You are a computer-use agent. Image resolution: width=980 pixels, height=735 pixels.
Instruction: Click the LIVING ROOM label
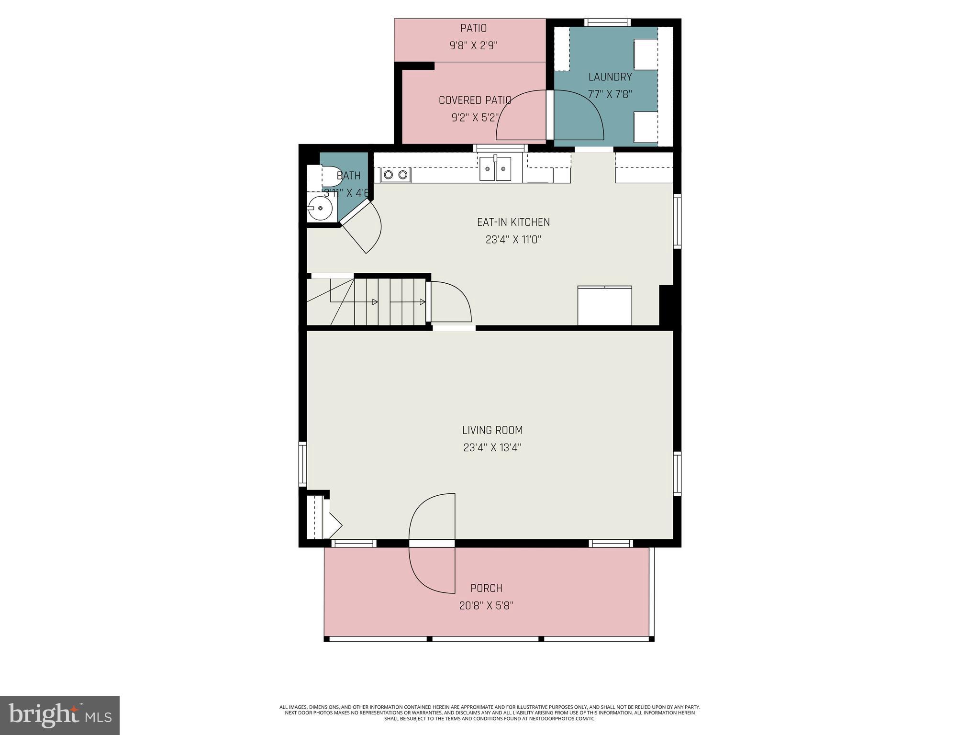coord(492,430)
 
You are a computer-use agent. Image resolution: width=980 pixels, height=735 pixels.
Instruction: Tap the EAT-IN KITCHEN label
coord(513,222)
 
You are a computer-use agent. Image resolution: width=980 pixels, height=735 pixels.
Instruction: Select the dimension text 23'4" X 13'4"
coord(492,448)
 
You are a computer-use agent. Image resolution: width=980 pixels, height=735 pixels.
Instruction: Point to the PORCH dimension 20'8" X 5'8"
coord(486,606)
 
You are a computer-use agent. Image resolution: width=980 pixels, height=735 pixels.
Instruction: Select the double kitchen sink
coord(495,169)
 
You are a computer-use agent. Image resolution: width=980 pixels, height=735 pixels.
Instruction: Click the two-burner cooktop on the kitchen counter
coord(395,175)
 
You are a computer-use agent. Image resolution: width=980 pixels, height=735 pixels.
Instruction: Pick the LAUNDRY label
coord(610,77)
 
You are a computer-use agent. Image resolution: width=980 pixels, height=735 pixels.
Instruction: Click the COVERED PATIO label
coord(475,100)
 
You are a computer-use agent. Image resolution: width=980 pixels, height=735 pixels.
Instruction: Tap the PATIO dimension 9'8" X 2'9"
coord(473,46)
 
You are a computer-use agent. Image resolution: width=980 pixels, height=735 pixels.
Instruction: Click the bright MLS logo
coord(59,715)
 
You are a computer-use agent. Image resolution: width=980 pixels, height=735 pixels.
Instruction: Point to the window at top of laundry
coord(607,22)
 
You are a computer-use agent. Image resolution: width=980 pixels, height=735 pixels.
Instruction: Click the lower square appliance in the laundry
coord(646,127)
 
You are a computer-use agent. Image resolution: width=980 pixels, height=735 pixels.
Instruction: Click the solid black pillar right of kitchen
coord(667,305)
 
